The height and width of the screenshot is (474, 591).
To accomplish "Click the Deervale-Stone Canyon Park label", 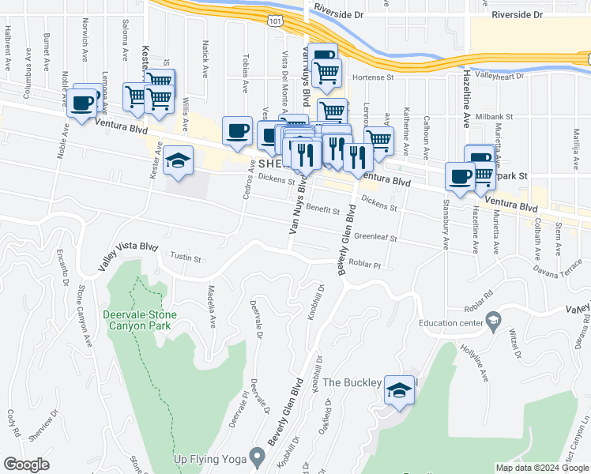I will tap(141, 319).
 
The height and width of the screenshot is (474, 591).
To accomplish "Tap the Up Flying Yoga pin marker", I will tap(257, 457).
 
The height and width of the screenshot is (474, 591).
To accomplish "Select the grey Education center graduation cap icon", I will tap(494, 320).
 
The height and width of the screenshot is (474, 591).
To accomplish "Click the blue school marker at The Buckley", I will tap(400, 389).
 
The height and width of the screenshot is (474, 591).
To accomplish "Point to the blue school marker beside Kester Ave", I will tap(179, 161).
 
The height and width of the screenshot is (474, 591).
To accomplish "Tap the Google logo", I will tap(26, 465).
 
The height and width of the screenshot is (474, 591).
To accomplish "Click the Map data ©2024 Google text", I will tap(541, 468).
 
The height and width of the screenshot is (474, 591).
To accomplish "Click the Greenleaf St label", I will tap(375, 236).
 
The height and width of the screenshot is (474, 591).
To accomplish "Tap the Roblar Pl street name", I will tap(365, 265).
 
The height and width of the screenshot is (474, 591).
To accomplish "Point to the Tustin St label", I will tap(186, 258).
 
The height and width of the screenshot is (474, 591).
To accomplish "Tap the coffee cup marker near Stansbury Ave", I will tap(459, 177).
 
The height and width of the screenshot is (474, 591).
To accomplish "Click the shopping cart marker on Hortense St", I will tap(326, 73).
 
